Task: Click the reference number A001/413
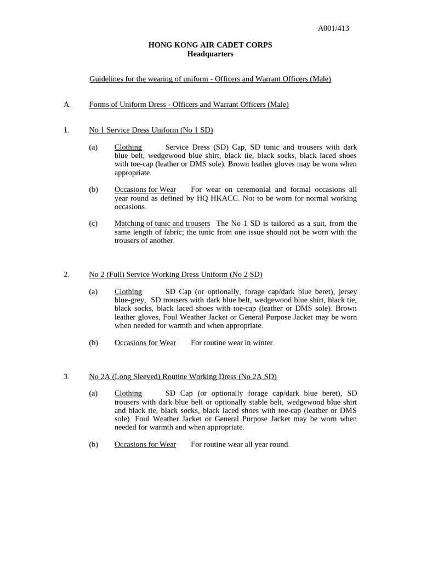[x=333, y=28]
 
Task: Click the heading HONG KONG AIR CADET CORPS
[x=210, y=45]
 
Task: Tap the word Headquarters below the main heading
[x=210, y=54]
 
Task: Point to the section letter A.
[x=67, y=104]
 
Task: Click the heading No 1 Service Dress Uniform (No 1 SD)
[x=151, y=130]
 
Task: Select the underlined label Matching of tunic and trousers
[x=162, y=223]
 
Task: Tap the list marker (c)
[x=93, y=223]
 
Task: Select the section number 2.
[x=66, y=274]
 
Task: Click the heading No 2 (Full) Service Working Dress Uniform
[x=175, y=274]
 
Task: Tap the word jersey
[x=346, y=291]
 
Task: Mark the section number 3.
[x=66, y=376]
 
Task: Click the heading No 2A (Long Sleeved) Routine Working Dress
[x=183, y=376]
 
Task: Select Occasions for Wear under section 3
[x=145, y=444]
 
